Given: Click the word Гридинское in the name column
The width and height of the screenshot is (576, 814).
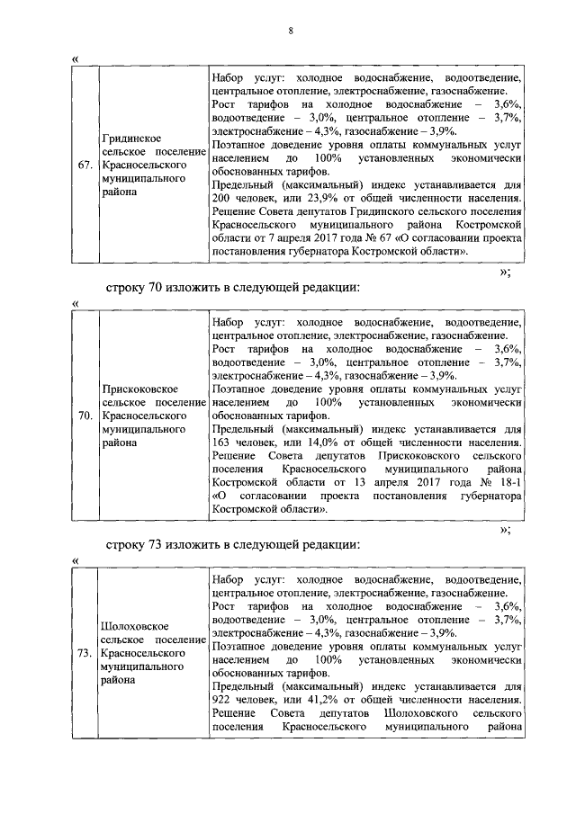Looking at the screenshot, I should coord(131,139).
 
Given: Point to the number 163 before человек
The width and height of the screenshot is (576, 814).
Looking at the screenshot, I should coord(222,443).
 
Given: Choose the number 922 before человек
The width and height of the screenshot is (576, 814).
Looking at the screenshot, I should coord(222,699).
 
